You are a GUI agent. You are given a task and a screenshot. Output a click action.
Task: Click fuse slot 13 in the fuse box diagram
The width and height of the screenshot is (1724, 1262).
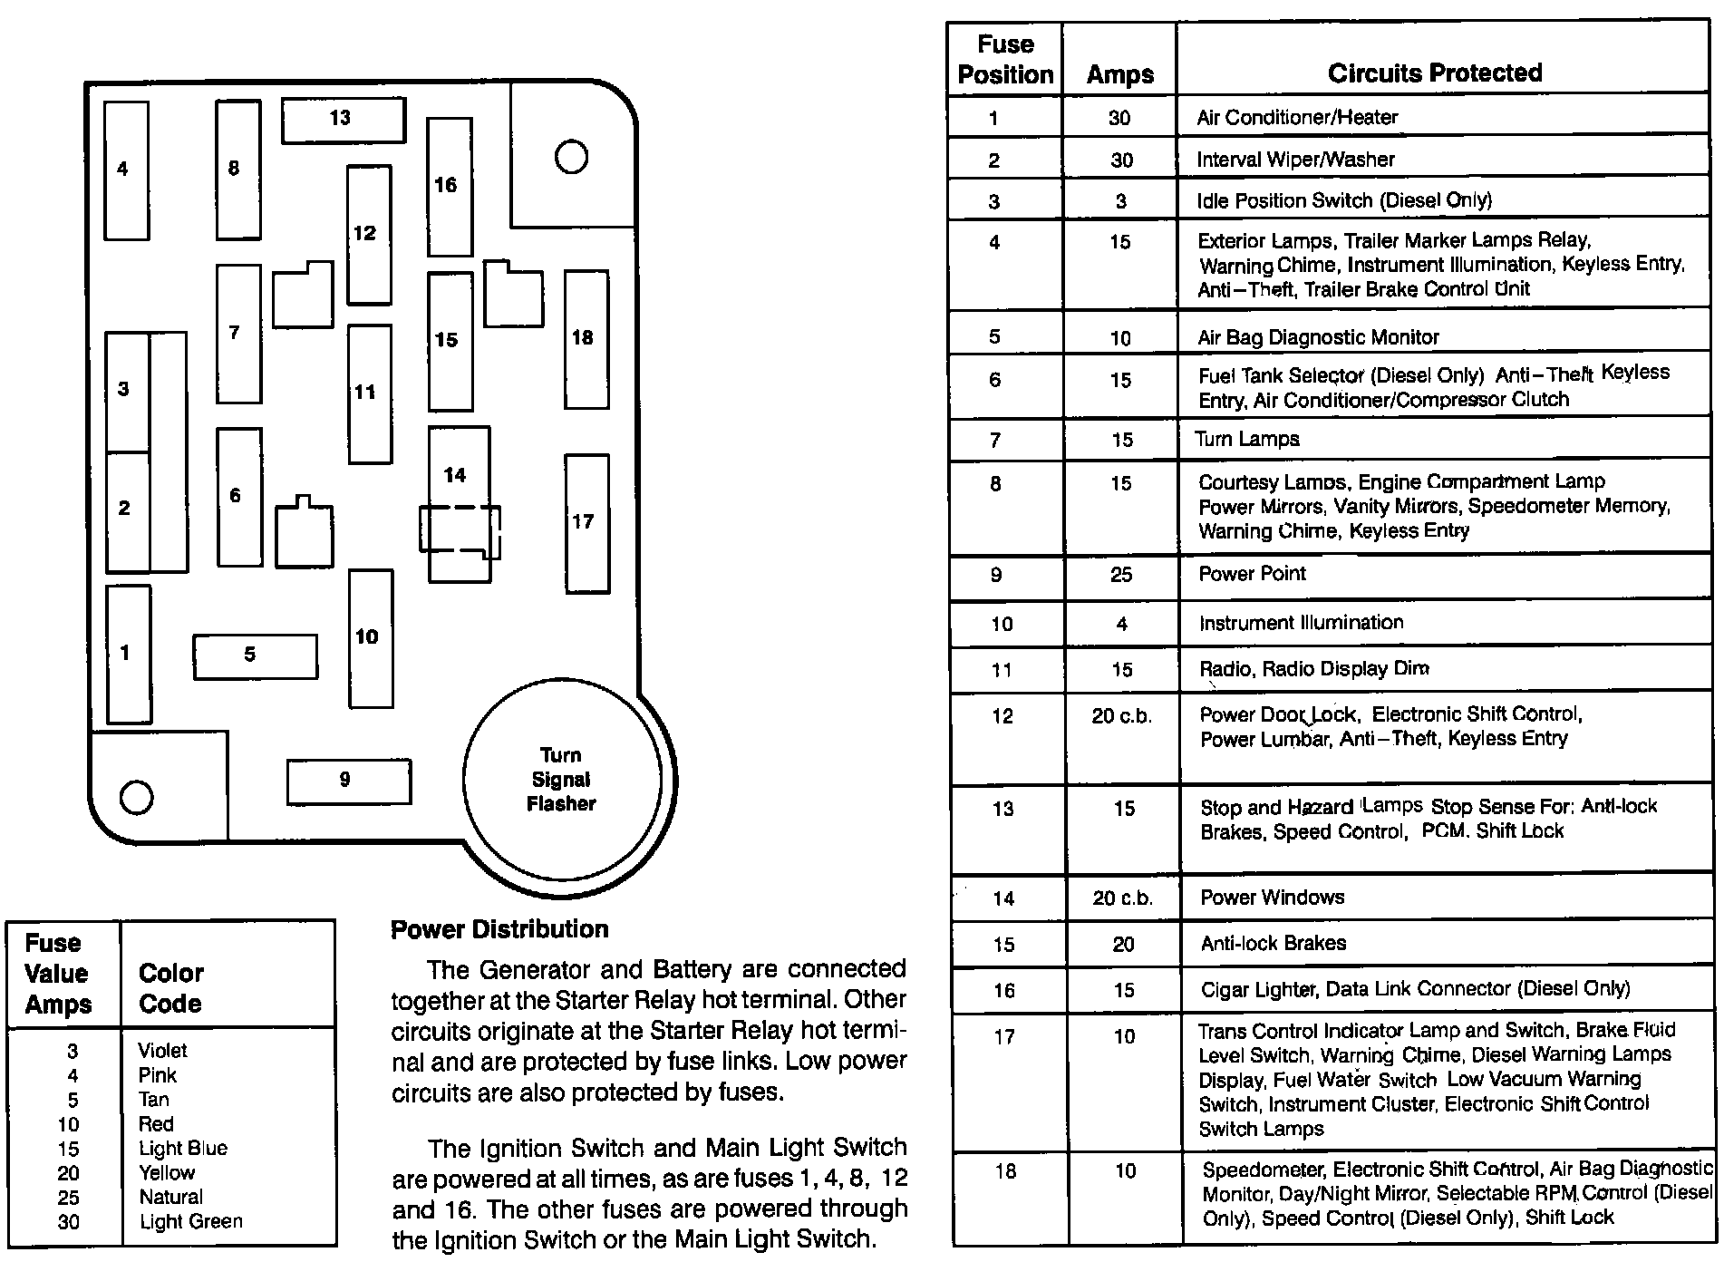pos(343,120)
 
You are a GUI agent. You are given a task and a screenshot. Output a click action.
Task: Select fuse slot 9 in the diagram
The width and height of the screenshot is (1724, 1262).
pos(348,781)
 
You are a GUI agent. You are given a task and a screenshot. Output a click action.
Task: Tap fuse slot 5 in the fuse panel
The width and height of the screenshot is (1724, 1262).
pos(255,655)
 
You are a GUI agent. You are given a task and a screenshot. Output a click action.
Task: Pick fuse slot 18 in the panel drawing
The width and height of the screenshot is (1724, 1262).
pos(586,339)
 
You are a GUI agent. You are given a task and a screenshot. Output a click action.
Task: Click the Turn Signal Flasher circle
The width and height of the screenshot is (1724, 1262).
pos(561,780)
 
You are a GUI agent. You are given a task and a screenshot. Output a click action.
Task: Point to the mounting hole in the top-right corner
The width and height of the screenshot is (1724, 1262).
pos(571,158)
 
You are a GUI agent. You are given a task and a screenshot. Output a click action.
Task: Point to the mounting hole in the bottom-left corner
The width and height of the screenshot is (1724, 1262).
pos(137,797)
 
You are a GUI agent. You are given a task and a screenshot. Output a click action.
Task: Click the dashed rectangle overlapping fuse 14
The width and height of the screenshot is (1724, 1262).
pos(460,529)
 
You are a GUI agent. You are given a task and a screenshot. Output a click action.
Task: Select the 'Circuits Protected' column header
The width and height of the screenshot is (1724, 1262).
pos(1434,73)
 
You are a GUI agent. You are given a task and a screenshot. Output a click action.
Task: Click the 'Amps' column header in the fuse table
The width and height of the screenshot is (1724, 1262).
pos(1120,74)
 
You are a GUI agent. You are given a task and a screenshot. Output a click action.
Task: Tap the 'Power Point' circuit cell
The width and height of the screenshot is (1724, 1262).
pos(1252,574)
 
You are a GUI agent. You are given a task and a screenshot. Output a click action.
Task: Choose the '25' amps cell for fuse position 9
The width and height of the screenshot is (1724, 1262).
pos(1121,575)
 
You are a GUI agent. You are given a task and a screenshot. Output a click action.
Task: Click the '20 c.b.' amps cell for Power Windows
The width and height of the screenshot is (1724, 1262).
pos(1122,898)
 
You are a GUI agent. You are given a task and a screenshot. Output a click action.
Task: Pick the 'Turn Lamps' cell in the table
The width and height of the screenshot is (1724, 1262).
pos(1247,440)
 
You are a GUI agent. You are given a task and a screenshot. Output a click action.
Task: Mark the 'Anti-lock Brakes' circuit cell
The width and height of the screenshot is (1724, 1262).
pos(1273,944)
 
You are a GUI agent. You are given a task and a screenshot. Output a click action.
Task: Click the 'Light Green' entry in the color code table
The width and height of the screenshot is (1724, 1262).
pos(190,1222)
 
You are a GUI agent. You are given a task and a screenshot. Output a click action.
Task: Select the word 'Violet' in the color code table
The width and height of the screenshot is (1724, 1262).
pos(162,1051)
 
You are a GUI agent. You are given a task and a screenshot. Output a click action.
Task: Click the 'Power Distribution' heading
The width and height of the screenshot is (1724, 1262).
pos(499,929)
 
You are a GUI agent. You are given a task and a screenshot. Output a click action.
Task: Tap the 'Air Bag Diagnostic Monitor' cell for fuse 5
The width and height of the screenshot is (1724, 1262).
pos(1318,337)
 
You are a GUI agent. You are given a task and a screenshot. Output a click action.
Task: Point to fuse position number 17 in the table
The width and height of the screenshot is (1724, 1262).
pos(1004,1036)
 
